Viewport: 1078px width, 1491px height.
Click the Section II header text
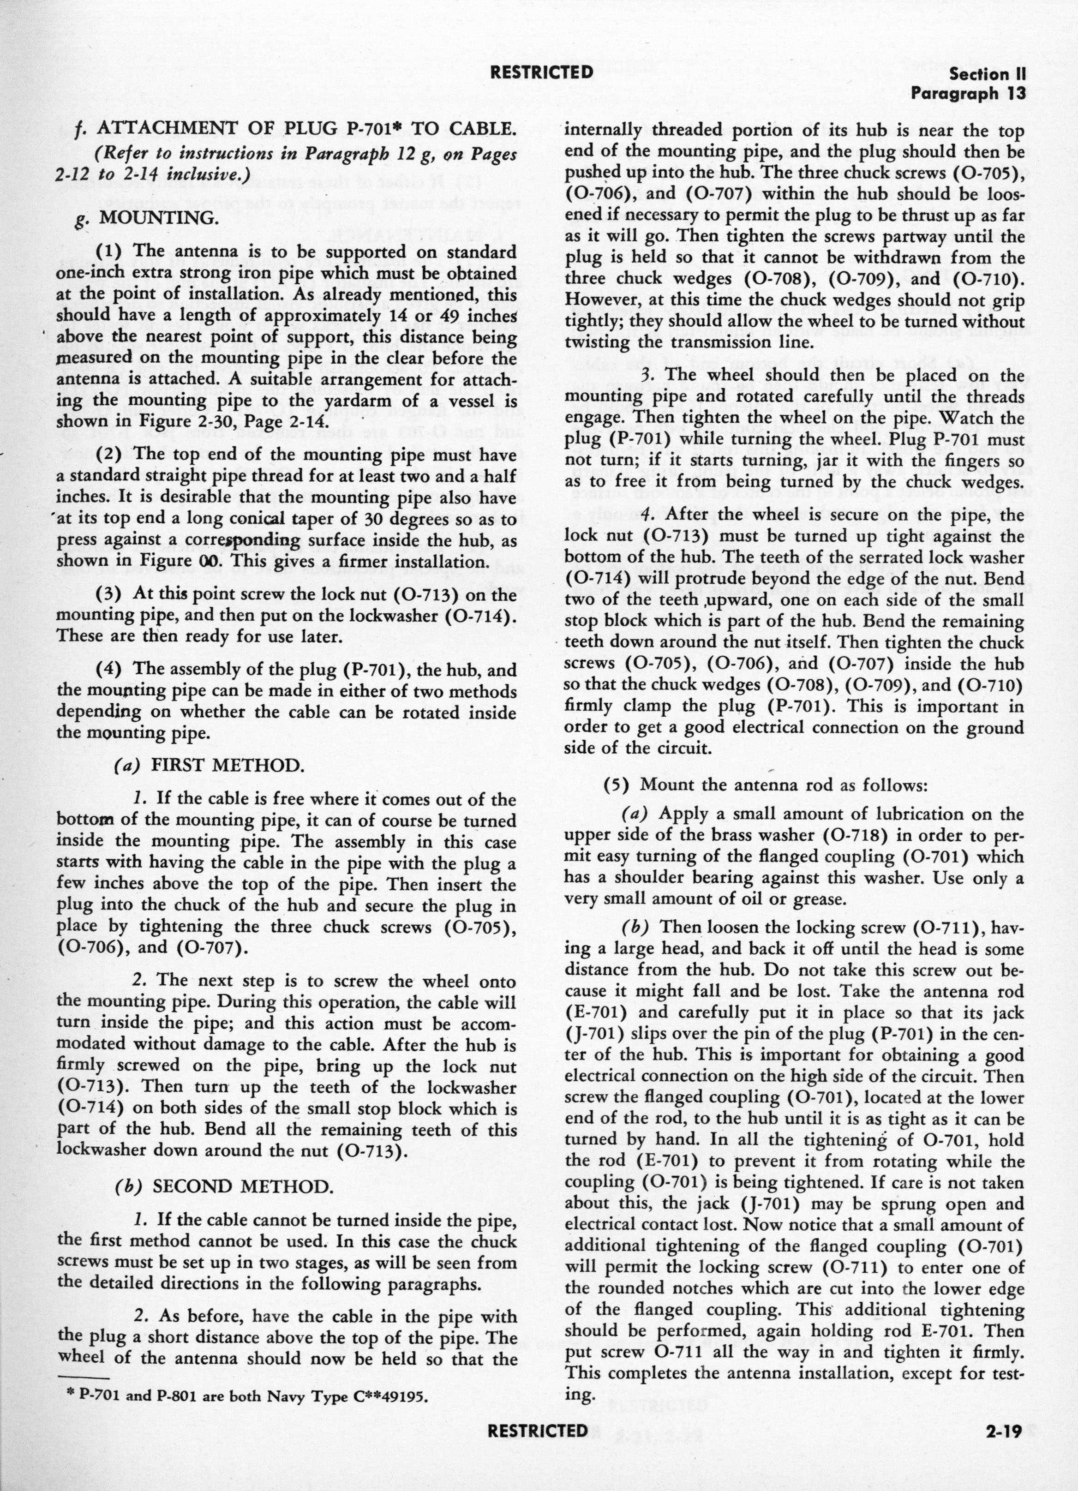click(x=987, y=74)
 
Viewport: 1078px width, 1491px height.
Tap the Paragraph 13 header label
click(x=968, y=94)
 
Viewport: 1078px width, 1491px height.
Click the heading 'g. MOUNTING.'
click(x=148, y=218)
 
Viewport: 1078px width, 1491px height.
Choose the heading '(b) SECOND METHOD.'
click(x=223, y=1186)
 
